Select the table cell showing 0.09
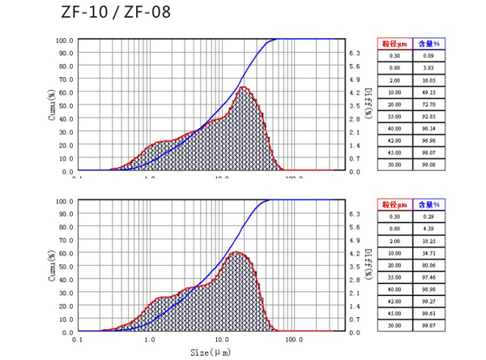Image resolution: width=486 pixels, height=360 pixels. click(428, 55)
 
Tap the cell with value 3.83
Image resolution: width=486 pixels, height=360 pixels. click(428, 68)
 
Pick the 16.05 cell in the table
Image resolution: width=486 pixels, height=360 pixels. click(428, 81)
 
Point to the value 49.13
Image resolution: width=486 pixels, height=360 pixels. click(428, 93)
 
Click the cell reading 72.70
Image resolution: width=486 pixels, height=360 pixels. click(428, 105)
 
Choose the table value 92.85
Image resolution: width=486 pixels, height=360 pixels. click(428, 117)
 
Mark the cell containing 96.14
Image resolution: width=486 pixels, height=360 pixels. click(428, 129)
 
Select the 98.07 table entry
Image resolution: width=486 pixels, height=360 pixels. click(428, 152)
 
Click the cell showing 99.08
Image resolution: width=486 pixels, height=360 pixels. click(428, 165)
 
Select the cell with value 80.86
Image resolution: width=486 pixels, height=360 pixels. click(428, 265)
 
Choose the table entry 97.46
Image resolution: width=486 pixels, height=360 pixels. click(428, 277)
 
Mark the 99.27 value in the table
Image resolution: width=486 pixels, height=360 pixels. click(428, 301)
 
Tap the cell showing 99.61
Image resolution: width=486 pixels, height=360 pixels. click(428, 313)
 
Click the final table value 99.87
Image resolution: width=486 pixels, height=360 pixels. click(428, 325)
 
